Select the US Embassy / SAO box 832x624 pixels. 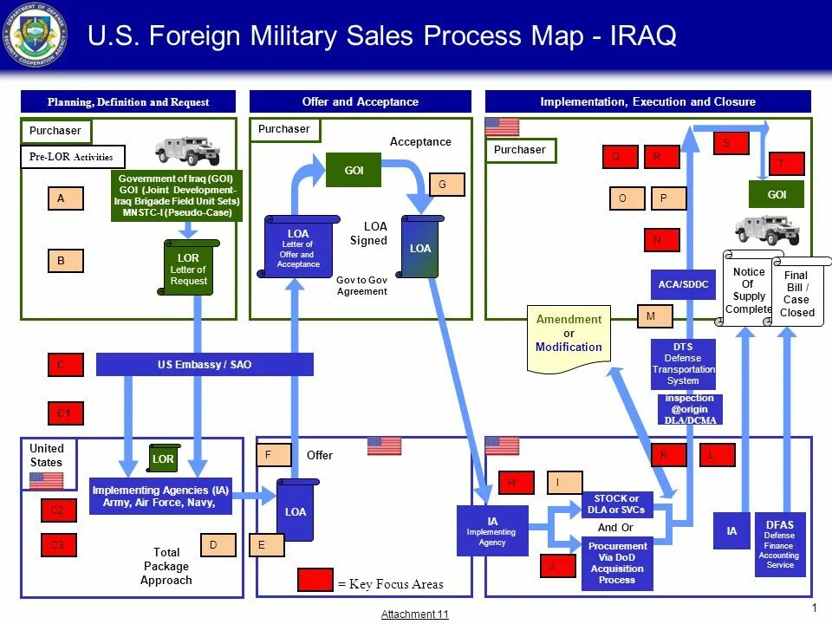pos(205,365)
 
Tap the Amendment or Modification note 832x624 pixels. pos(569,336)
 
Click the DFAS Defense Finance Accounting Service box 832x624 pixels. pos(780,544)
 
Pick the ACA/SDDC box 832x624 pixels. pos(684,284)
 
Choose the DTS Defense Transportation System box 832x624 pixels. pos(683,364)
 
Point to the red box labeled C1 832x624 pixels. pos(65,414)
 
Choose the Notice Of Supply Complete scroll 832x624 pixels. pos(748,289)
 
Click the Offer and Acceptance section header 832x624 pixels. pos(360,102)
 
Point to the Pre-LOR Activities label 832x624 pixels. pos(73,157)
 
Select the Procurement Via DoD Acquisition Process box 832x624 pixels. pos(617,562)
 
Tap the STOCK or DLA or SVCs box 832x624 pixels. pos(617,504)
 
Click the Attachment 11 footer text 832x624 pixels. pos(415,614)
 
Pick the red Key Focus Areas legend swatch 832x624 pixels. pos(315,580)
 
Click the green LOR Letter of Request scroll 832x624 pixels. pos(188,269)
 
